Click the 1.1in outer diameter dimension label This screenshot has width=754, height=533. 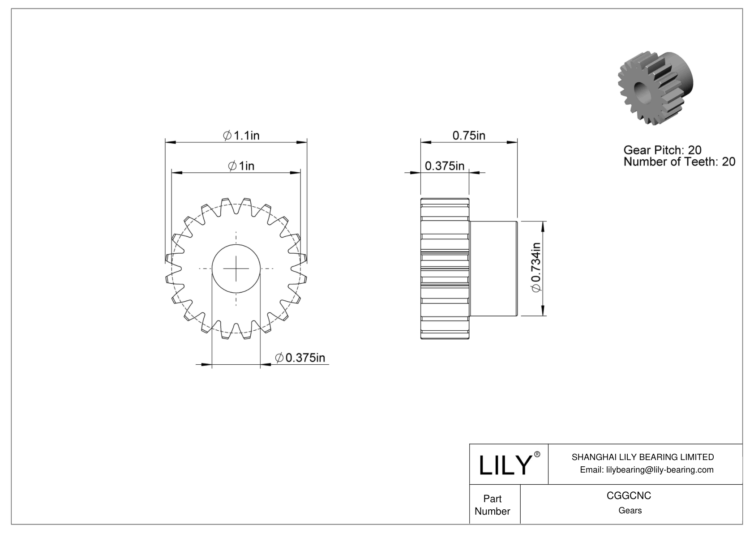tap(241, 135)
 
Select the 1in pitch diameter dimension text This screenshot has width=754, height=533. tap(241, 166)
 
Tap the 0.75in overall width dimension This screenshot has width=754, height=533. tap(469, 135)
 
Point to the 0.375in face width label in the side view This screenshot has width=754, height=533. tap(445, 166)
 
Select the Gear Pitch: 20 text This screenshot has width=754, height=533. tap(662, 150)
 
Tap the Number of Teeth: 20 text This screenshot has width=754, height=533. tap(679, 162)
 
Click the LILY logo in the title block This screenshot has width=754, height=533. tap(505, 465)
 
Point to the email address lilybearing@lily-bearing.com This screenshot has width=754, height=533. tap(647, 469)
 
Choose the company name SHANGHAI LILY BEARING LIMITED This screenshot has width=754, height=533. tap(643, 457)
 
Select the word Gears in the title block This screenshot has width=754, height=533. tap(630, 510)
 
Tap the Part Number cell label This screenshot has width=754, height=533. tap(493, 505)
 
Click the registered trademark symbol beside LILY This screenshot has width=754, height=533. tap(537, 454)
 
